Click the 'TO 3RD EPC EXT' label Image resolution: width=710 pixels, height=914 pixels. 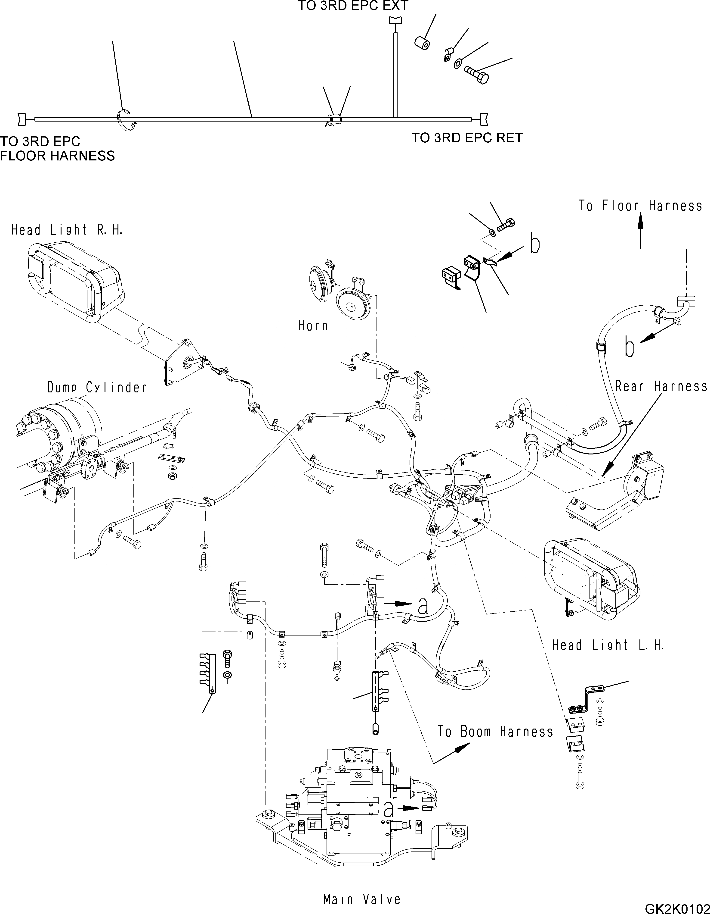[x=352, y=6]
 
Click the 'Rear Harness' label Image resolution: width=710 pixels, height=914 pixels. [x=661, y=386]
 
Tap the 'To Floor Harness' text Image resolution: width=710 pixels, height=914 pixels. [x=640, y=206]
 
